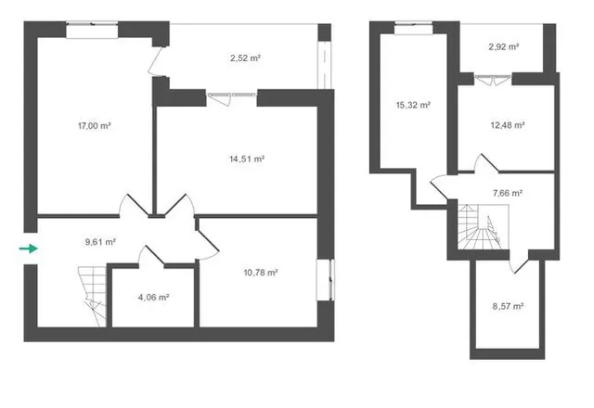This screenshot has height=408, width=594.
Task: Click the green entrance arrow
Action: click(x=29, y=249)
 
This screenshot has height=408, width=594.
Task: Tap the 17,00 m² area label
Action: click(x=95, y=126)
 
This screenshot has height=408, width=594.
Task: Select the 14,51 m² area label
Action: click(x=247, y=159)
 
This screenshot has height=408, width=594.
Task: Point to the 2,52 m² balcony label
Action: click(x=245, y=58)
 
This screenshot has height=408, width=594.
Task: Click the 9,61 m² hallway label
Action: click(x=100, y=242)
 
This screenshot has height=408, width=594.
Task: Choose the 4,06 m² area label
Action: click(x=153, y=298)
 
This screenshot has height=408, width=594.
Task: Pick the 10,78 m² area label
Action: click(x=261, y=273)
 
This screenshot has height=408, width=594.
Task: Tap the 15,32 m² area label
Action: click(x=413, y=105)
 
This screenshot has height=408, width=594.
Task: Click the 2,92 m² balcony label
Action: click(x=503, y=47)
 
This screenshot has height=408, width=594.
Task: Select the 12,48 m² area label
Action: click(x=508, y=125)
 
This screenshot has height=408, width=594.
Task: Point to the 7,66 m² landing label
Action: click(x=508, y=193)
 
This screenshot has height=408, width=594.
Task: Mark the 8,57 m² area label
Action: click(x=508, y=306)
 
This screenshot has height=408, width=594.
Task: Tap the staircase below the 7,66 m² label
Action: click(x=482, y=226)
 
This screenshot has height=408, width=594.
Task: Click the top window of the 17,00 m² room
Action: click(x=92, y=31)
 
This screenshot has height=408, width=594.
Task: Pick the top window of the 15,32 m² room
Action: click(x=414, y=29)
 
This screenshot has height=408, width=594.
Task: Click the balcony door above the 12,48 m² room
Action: click(x=493, y=80)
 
